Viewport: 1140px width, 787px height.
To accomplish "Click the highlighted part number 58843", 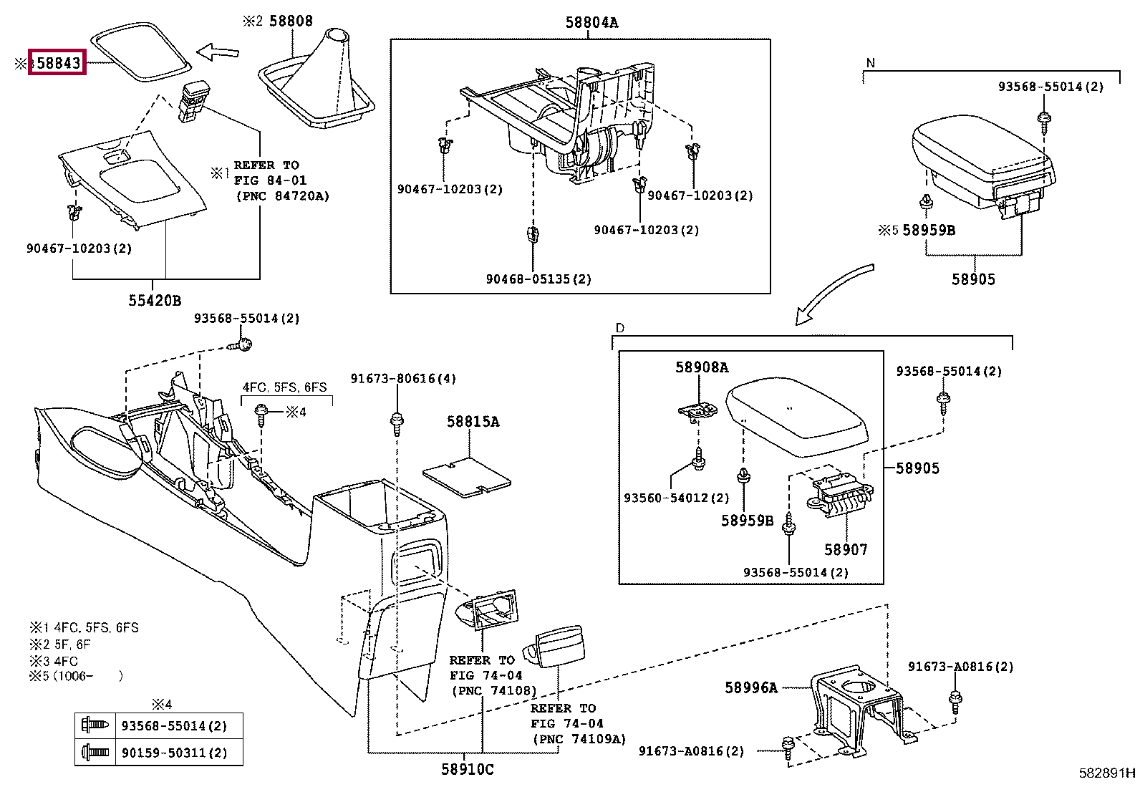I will pyautogui.click(x=58, y=63).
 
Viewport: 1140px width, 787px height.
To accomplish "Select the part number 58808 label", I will pyautogui.click(x=291, y=21).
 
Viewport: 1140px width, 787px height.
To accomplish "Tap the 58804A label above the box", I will pyautogui.click(x=591, y=23).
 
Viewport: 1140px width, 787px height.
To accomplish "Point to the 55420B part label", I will pyautogui.click(x=155, y=301).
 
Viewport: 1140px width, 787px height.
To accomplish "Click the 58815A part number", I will pyautogui.click(x=473, y=422).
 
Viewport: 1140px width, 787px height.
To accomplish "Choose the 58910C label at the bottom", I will pyautogui.click(x=467, y=769).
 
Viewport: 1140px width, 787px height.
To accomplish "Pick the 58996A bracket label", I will pyautogui.click(x=750, y=687).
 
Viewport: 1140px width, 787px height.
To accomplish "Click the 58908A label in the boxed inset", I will pyautogui.click(x=702, y=367).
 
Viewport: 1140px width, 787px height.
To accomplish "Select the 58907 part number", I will pyautogui.click(x=846, y=550).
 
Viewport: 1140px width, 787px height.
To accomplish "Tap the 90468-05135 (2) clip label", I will pyautogui.click(x=538, y=279).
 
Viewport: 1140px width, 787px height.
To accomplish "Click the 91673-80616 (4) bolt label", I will pyautogui.click(x=403, y=379).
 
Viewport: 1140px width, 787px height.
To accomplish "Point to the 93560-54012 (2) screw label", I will pyautogui.click(x=676, y=498).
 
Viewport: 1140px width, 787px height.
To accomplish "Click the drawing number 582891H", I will pyautogui.click(x=1107, y=773).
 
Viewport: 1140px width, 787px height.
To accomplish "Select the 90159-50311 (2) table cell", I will pyautogui.click(x=174, y=753).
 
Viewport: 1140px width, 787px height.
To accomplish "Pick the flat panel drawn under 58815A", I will pyautogui.click(x=467, y=477).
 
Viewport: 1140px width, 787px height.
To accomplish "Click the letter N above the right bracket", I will pyautogui.click(x=870, y=63).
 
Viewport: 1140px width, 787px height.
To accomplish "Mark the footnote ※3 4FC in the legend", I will pyautogui.click(x=54, y=661).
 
